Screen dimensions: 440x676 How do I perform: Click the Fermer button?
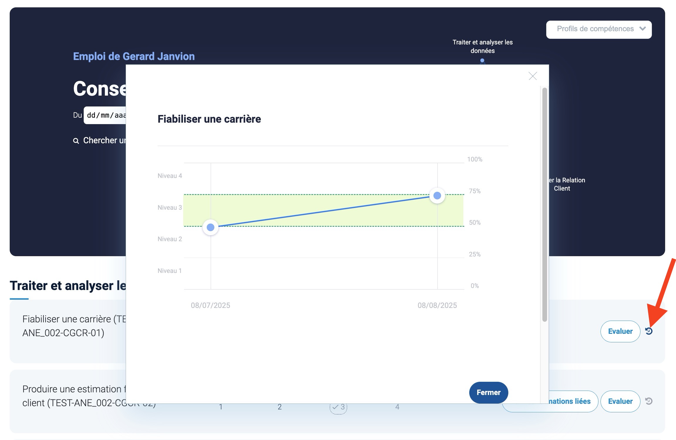point(488,392)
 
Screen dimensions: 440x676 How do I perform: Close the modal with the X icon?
point(532,76)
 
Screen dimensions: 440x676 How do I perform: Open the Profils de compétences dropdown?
point(598,29)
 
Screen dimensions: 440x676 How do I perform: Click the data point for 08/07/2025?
point(211,227)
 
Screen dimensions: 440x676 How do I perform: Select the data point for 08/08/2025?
point(437,196)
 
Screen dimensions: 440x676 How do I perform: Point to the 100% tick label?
point(475,159)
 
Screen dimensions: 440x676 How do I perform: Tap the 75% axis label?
point(475,191)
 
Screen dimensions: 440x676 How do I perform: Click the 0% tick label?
point(475,286)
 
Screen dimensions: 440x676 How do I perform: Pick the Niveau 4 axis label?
point(170,176)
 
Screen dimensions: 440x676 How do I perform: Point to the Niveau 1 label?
point(169,271)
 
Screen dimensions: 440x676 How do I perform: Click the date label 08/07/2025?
point(210,305)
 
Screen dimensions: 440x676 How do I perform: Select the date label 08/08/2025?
point(437,305)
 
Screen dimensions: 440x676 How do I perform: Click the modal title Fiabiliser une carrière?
point(209,119)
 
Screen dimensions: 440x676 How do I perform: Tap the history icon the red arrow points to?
point(649,331)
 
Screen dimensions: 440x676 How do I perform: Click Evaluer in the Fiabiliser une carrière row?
point(620,331)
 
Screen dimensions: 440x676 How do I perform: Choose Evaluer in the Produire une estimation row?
point(620,401)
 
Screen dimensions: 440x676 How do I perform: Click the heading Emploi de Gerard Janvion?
point(134,56)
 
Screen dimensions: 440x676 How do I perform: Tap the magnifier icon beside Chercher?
point(76,141)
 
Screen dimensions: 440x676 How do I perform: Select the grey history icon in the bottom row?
point(649,401)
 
